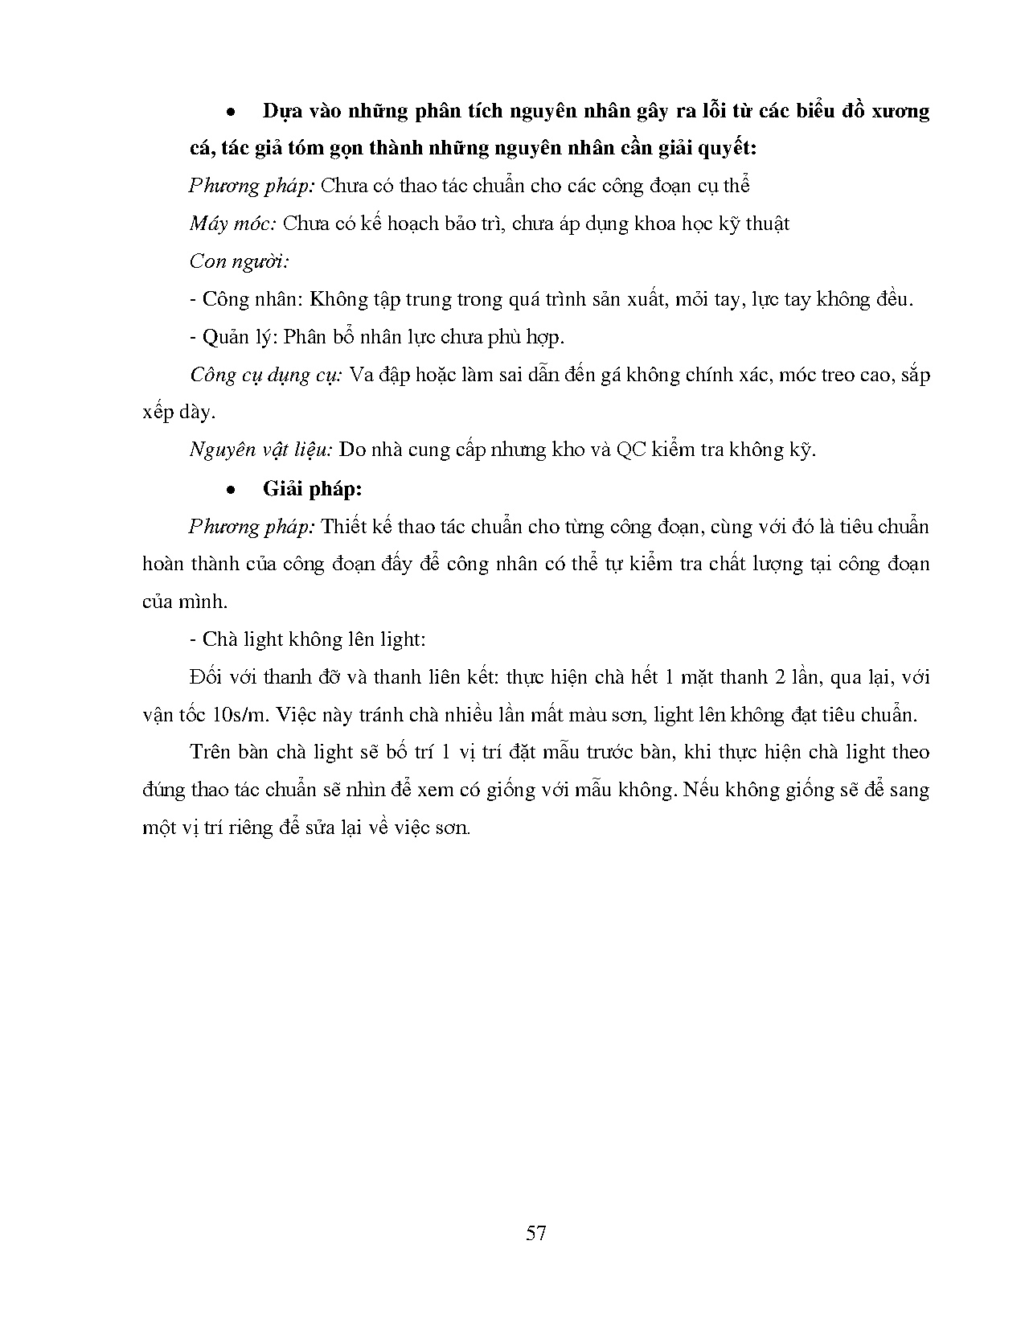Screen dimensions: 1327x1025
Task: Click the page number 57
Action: (536, 1233)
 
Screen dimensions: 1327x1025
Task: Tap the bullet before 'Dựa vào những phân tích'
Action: (232, 112)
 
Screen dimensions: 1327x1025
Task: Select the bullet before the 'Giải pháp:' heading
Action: (232, 490)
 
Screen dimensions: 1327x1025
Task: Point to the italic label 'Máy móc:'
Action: (232, 224)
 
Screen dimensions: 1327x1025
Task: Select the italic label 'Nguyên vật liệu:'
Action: (260, 450)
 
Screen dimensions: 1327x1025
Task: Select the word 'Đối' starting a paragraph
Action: (206, 676)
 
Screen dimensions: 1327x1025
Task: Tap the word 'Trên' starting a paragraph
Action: (210, 752)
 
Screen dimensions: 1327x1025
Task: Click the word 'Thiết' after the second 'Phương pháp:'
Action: (342, 527)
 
